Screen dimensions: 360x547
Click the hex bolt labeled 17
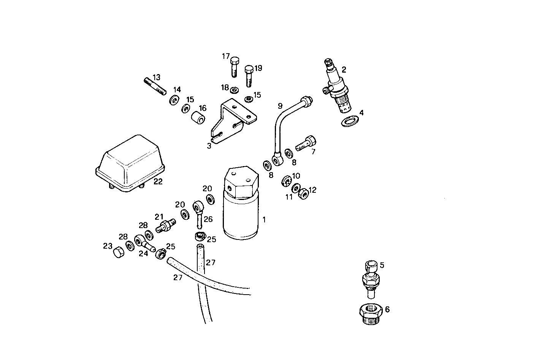click(235, 66)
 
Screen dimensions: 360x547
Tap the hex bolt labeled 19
click(249, 76)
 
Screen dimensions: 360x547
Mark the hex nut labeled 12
click(303, 194)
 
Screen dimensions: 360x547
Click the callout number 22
click(158, 182)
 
